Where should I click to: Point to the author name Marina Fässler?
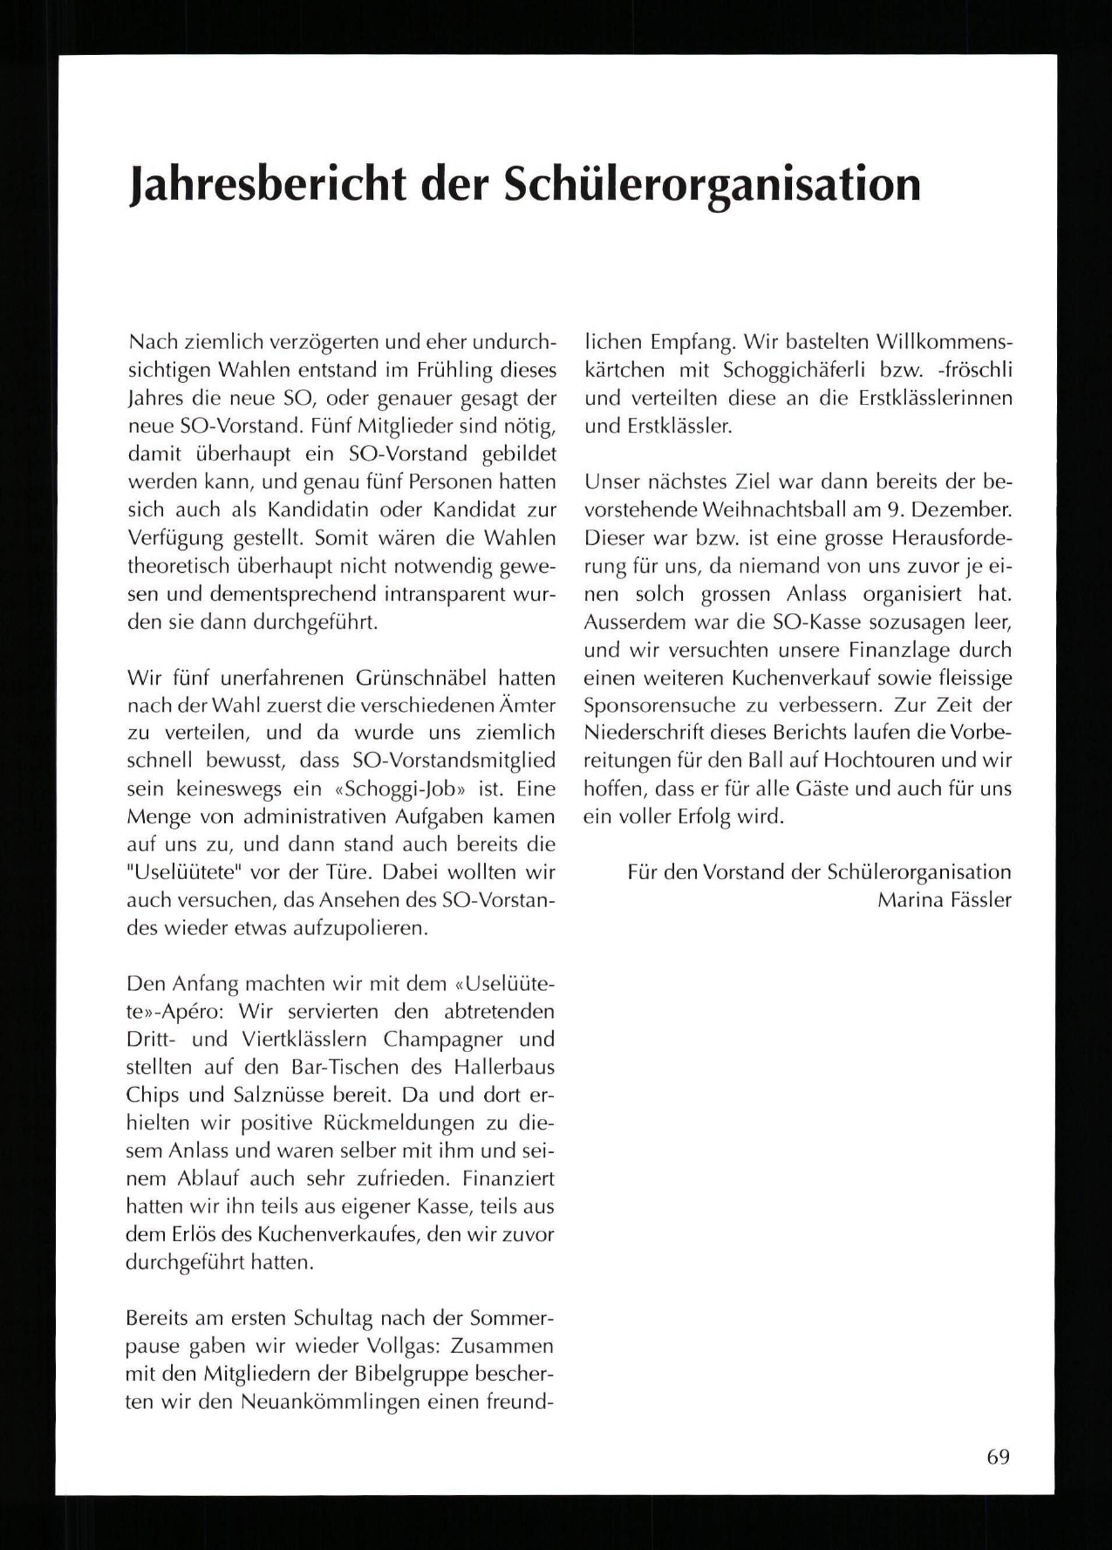tap(944, 900)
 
